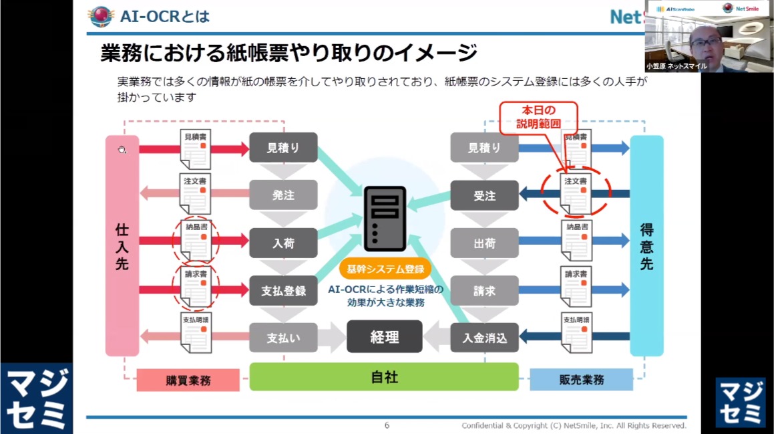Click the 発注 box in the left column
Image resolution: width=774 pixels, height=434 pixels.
[283, 195]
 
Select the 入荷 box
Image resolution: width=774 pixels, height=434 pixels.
[283, 243]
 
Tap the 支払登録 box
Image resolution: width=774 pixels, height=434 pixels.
[283, 291]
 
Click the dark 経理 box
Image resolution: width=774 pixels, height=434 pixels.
[384, 336]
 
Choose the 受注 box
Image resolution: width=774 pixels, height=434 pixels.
[484, 195]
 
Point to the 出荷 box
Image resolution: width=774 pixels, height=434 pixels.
[484, 243]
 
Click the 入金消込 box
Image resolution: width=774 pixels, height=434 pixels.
[484, 338]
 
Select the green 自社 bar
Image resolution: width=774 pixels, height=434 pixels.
[384, 377]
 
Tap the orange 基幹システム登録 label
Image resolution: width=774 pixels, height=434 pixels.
[385, 269]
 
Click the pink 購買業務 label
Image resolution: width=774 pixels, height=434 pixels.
[188, 380]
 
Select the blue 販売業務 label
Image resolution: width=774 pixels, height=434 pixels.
[581, 379]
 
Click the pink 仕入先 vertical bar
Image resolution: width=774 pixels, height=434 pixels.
[122, 245]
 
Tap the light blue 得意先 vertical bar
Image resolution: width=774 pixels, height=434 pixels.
[646, 245]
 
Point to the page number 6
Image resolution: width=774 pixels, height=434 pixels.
[387, 425]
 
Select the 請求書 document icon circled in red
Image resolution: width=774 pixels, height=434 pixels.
[196, 286]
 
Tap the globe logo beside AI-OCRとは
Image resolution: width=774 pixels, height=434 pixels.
[101, 16]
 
